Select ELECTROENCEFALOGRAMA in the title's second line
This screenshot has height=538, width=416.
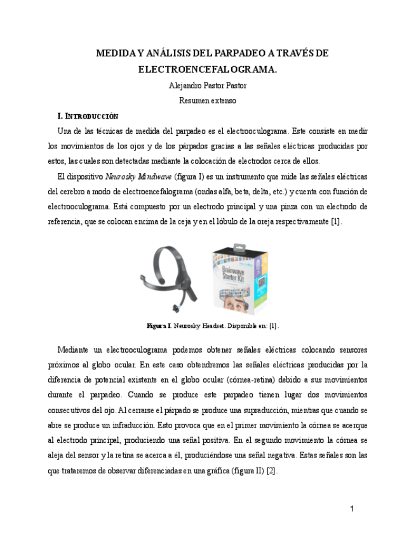point(208,69)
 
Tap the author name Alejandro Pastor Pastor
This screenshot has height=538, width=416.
point(208,85)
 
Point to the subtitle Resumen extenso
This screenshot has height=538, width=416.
point(208,100)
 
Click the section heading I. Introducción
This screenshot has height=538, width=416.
point(88,116)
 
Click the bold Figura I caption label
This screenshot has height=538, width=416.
point(159,325)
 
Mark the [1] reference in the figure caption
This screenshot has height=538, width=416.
point(273,325)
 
